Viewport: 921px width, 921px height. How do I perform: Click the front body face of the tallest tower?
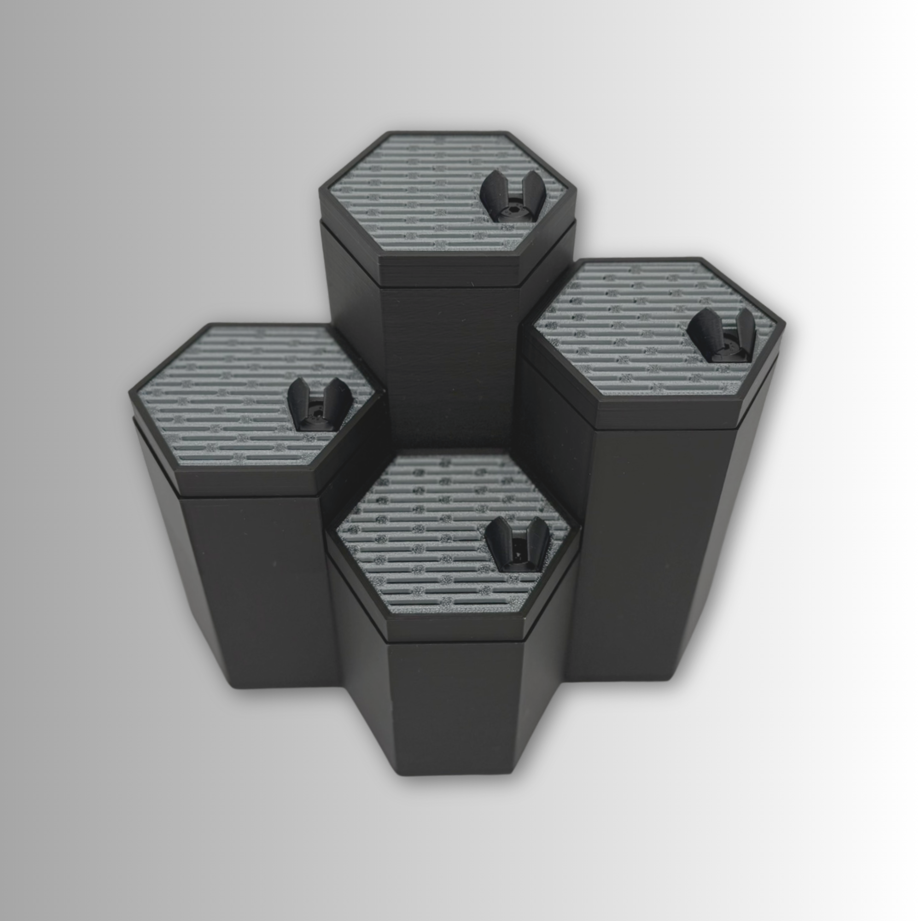coord(450,362)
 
